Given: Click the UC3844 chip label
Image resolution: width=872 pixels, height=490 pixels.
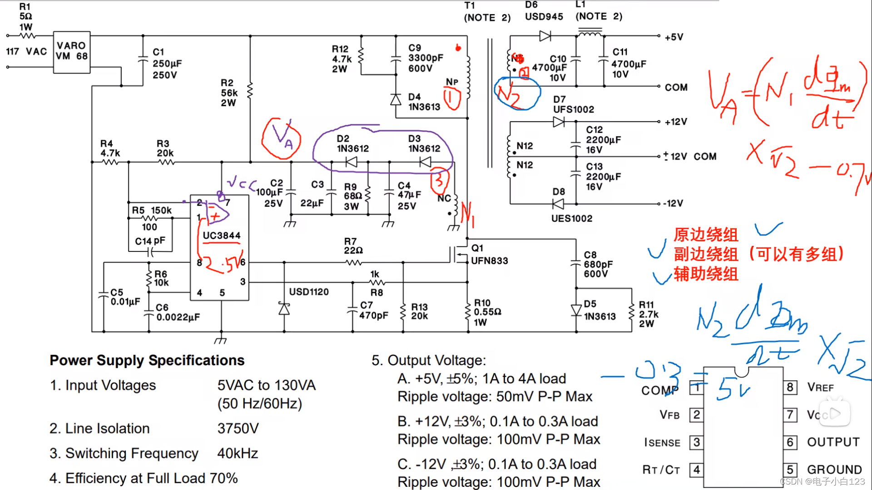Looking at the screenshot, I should pos(221,235).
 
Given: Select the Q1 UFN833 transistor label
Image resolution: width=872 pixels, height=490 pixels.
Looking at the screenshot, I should pos(489,255).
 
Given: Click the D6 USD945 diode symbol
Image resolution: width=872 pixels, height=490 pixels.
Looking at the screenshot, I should pos(545,36).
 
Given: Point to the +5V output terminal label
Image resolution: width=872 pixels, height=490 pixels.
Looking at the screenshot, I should pos(674,37).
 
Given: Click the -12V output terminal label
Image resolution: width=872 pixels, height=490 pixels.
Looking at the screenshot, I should pos(673,203).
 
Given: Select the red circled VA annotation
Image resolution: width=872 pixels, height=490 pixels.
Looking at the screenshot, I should pos(282,138).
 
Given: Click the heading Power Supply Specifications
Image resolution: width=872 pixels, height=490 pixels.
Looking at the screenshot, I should pos(147,360).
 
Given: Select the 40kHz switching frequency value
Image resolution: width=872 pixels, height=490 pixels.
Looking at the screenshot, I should pos(238,453).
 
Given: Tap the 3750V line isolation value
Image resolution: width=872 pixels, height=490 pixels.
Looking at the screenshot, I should pos(238,428).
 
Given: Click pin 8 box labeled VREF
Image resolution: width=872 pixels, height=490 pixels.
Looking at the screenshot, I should pos(790,387).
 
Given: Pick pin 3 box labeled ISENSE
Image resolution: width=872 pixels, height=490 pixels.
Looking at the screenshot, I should pos(696,442).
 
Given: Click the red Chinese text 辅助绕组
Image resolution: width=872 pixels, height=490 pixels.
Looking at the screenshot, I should pos(706,274).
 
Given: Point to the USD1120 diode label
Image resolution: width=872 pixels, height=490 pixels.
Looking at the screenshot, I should pos(309,292).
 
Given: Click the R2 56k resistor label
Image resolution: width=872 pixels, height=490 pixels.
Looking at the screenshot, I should pos(229,93).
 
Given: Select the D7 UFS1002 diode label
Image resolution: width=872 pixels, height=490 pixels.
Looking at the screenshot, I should pos(573,104).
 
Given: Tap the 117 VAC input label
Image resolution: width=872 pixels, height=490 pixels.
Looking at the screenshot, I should pos(26,51).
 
